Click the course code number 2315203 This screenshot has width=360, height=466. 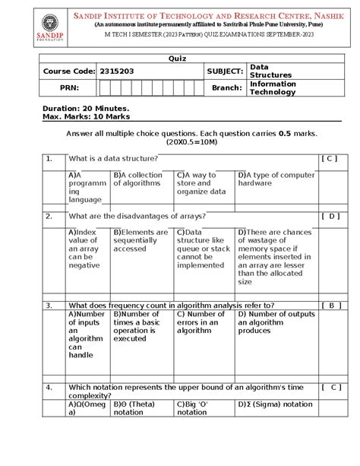click(x=115, y=72)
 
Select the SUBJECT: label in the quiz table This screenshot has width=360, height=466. click(x=223, y=72)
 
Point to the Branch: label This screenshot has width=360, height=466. click(x=226, y=87)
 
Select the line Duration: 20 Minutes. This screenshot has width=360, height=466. click(x=86, y=108)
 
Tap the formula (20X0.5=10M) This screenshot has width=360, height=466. click(x=179, y=141)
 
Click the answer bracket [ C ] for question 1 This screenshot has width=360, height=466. click(x=329, y=158)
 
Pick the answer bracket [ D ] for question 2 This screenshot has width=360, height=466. click(x=329, y=216)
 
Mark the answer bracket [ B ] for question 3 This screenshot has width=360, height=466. click(x=329, y=305)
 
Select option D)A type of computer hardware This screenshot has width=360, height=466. click(x=275, y=179)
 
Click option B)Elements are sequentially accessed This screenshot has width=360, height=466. click(x=141, y=240)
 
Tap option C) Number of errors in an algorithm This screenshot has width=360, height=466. click(x=201, y=322)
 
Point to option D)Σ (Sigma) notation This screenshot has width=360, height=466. click(x=274, y=404)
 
